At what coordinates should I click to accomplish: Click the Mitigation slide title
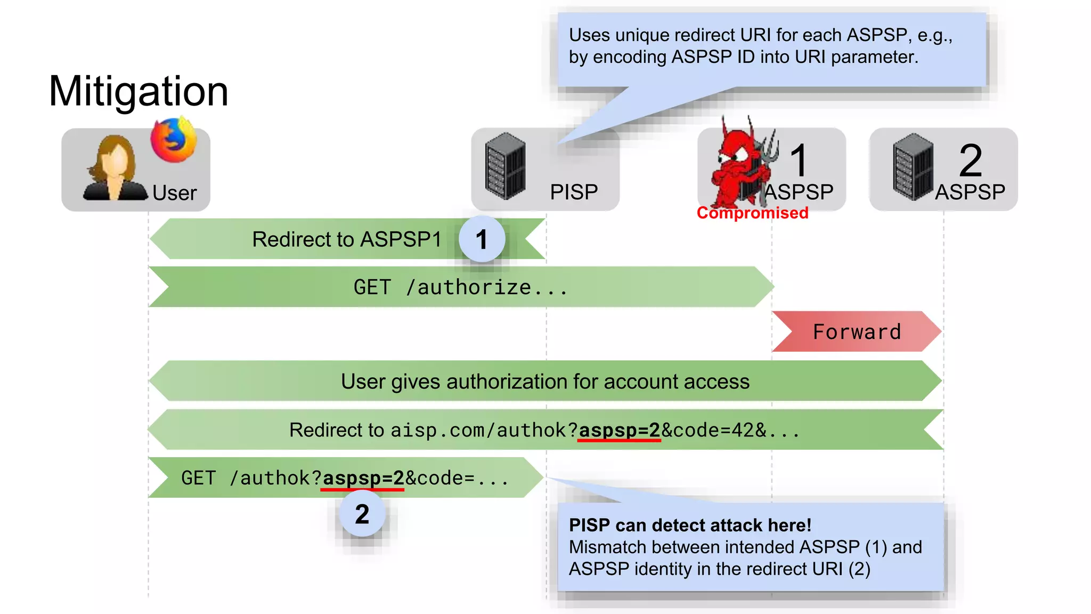pos(139,91)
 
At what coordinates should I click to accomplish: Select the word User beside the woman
pos(174,193)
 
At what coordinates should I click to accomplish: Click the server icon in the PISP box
pos(505,166)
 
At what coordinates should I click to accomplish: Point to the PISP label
pos(574,192)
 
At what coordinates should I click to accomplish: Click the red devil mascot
pos(740,165)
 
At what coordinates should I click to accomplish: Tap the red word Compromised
pos(752,213)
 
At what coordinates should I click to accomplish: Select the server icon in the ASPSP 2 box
pos(913,167)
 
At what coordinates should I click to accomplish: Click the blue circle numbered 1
pos(482,239)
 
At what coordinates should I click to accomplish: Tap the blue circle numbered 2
pos(362,514)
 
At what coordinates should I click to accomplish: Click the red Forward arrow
pos(856,332)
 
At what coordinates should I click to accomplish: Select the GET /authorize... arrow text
pos(460,287)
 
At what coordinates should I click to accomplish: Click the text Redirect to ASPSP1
pos(347,239)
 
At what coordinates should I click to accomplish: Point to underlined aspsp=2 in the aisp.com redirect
pos(619,430)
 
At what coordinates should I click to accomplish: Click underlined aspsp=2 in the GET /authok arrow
pos(363,478)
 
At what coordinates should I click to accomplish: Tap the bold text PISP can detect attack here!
pos(690,525)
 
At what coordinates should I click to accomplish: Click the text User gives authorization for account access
pos(545,382)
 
